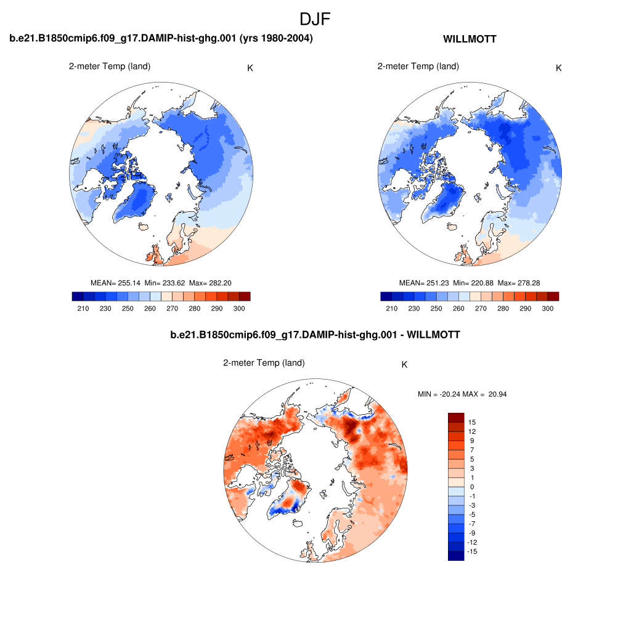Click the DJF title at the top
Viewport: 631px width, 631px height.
point(315,19)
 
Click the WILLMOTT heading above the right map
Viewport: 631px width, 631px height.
point(470,39)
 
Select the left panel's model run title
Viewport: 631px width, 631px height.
point(161,39)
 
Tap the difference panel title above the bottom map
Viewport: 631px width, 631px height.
point(315,335)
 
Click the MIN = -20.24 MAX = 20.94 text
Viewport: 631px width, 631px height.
point(462,394)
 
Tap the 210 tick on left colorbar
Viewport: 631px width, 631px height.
point(83,307)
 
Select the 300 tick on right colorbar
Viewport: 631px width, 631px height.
point(547,307)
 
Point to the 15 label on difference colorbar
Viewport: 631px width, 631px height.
point(472,422)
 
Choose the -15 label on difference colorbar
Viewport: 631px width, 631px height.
point(473,552)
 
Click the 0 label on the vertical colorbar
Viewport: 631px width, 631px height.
point(472,487)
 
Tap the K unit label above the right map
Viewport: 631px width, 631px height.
point(558,68)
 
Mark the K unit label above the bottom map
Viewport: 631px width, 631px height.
point(404,365)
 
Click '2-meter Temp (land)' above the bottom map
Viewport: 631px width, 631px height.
point(264,363)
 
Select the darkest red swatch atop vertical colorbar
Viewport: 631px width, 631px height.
point(455,417)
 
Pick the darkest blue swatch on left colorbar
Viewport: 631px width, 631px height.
point(78,296)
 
